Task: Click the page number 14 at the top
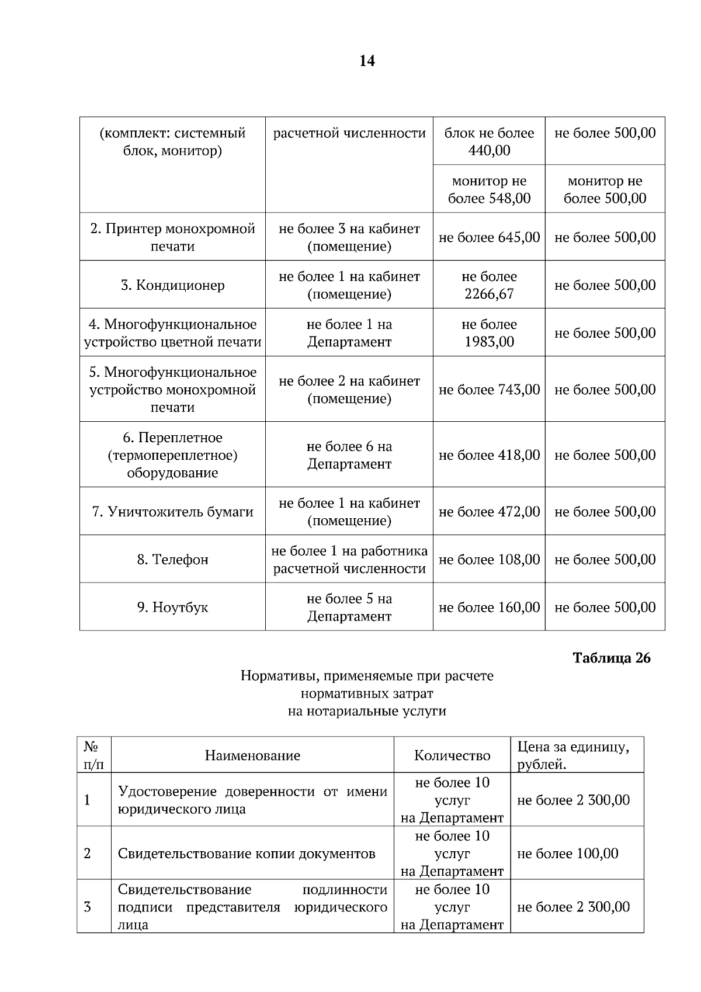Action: [367, 61]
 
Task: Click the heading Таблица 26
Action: [611, 658]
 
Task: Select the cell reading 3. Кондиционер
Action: [172, 285]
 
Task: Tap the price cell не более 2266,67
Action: [489, 285]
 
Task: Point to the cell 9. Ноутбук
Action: [172, 608]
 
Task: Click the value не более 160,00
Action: [489, 608]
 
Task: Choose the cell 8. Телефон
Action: [172, 560]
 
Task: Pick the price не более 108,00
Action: [489, 560]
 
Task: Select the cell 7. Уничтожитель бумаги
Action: [172, 512]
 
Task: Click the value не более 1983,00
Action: [489, 333]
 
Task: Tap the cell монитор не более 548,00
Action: [489, 189]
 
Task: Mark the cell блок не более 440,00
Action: [489, 141]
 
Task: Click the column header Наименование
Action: [252, 755]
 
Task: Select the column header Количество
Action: [452, 755]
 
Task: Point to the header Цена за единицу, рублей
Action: [573, 755]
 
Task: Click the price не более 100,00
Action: [567, 854]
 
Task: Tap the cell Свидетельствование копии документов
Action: [247, 854]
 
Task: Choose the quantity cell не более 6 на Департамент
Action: [349, 455]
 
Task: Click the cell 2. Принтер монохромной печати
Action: [172, 237]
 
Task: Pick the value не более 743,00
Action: [489, 390]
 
